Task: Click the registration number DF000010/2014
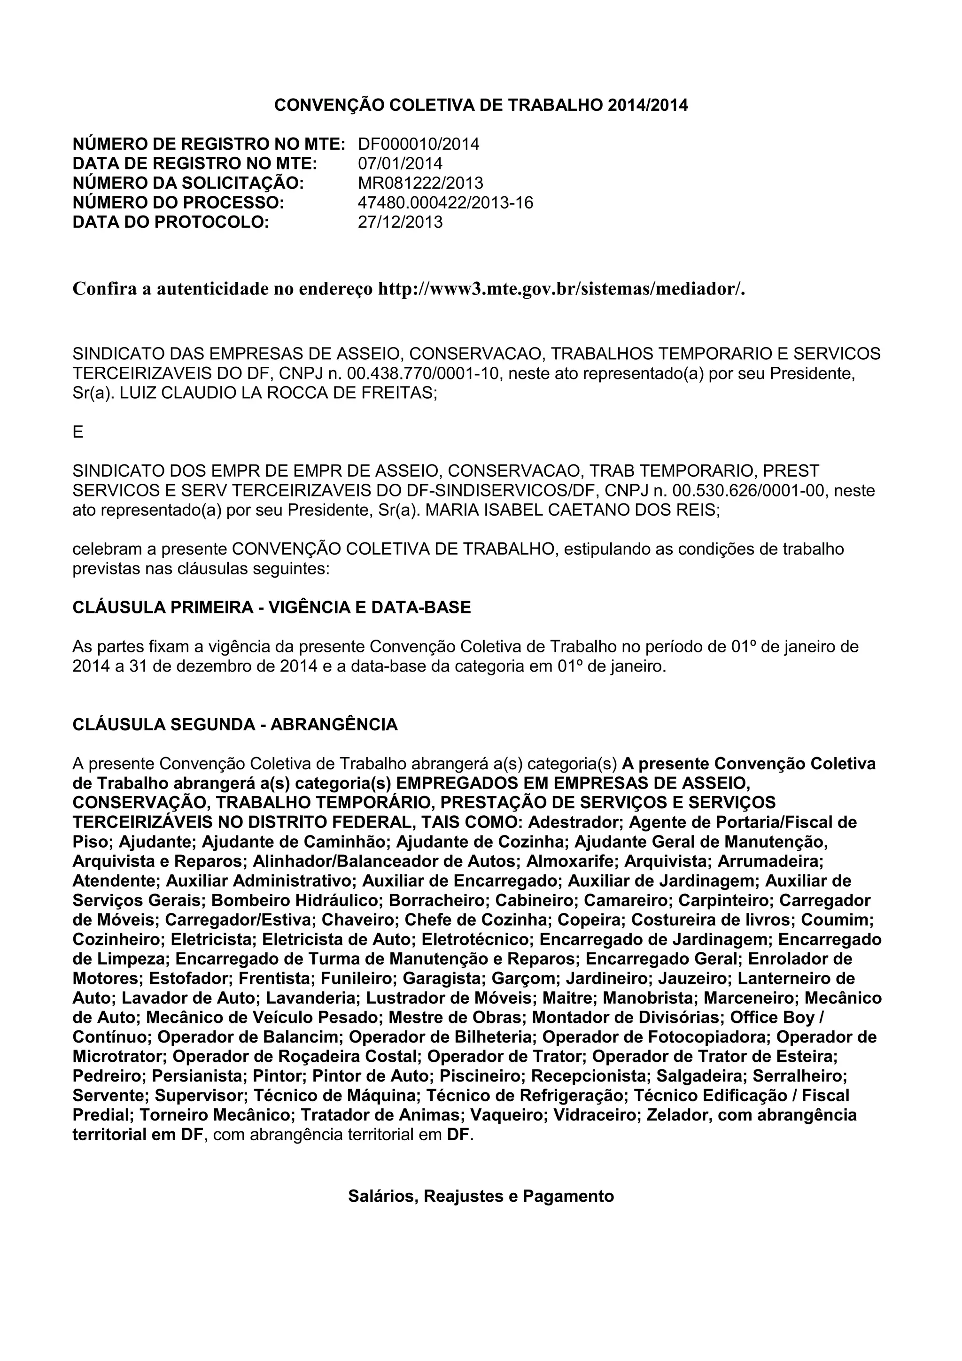click(x=419, y=144)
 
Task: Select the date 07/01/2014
click(x=400, y=163)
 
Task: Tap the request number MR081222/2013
click(x=420, y=183)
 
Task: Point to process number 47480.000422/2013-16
click(x=445, y=203)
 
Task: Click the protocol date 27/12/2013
click(x=400, y=222)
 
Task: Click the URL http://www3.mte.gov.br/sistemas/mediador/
click(x=561, y=289)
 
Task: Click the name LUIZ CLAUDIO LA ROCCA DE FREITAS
click(x=278, y=394)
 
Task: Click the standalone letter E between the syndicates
click(x=78, y=433)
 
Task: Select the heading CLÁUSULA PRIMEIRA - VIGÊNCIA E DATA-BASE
click(x=272, y=608)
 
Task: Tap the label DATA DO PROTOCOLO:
click(x=171, y=222)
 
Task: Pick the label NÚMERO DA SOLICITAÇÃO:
click(x=188, y=183)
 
